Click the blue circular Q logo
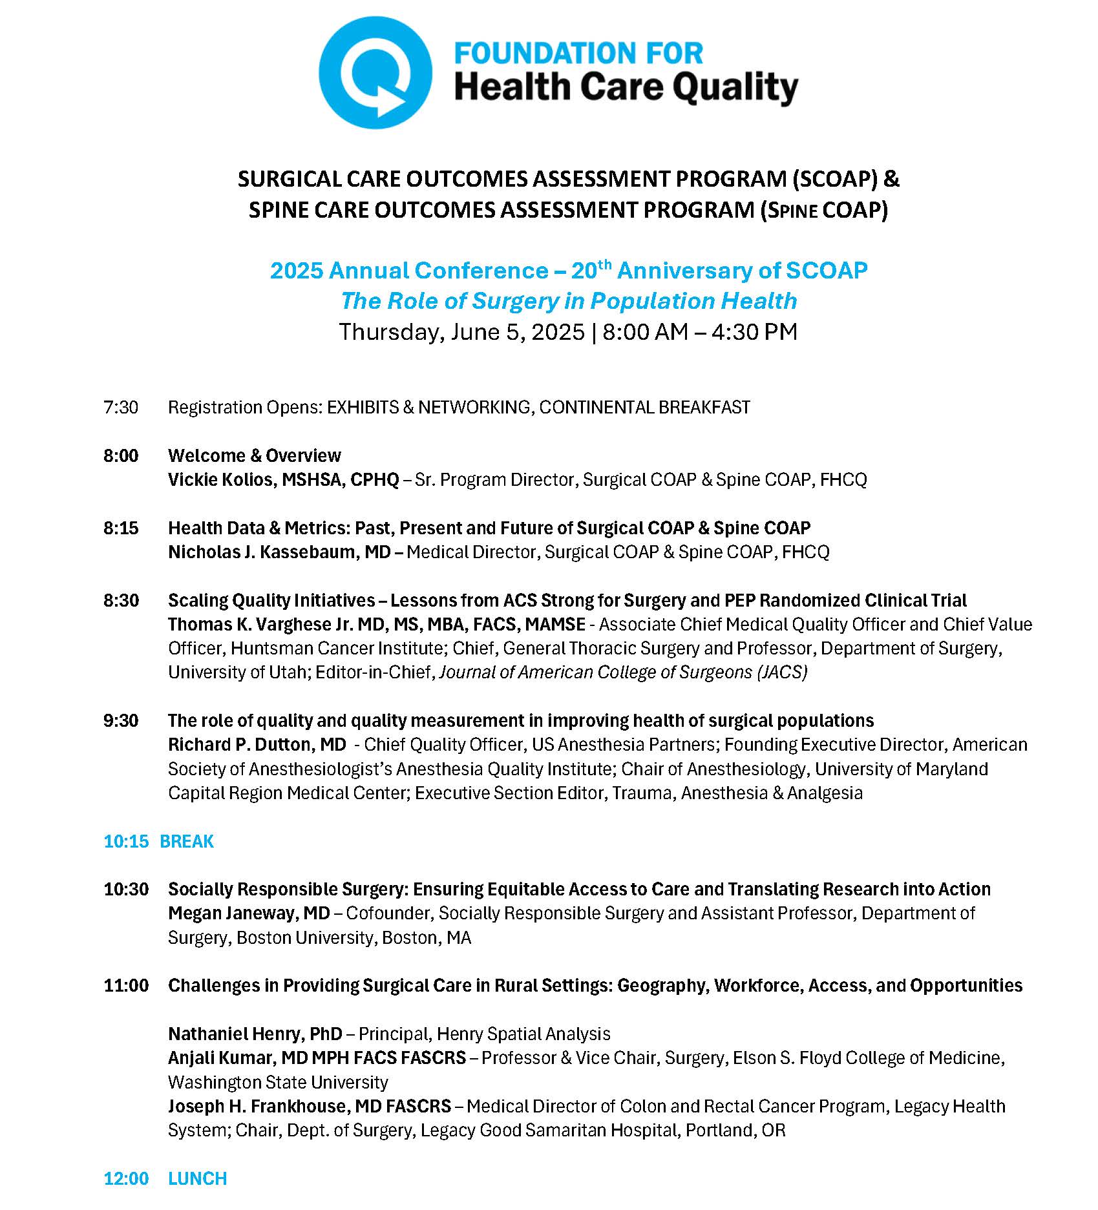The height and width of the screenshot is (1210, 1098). tap(375, 72)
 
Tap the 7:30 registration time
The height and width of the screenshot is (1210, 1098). tap(121, 407)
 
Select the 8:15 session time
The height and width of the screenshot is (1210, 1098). tap(121, 528)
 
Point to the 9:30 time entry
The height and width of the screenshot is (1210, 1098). tap(121, 720)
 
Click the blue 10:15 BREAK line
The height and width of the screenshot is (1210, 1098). tap(158, 841)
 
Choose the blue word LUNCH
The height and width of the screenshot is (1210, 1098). tap(197, 1178)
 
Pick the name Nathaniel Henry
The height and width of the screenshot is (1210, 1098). tap(237, 1034)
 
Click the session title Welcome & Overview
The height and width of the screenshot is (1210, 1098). tap(254, 455)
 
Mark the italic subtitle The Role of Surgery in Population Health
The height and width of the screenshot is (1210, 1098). tap(569, 300)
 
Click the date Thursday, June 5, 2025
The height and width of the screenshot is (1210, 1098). tap(461, 331)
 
